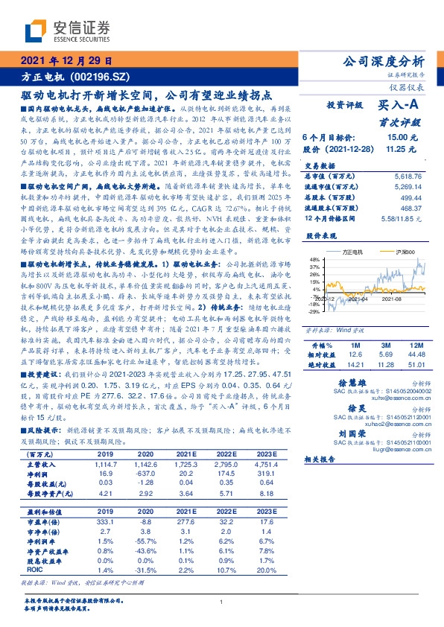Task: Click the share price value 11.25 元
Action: [x=401, y=149]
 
